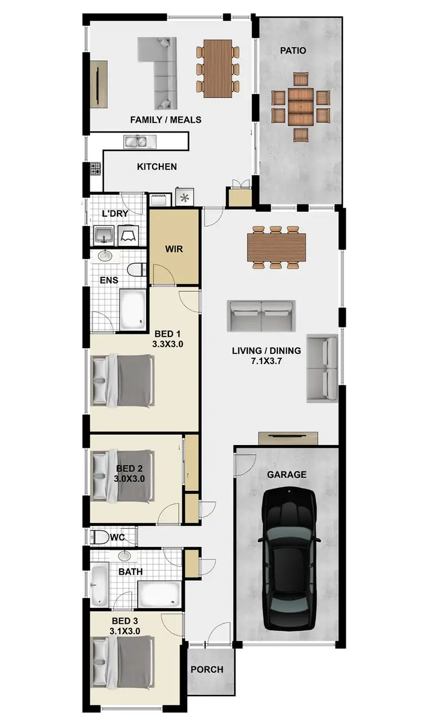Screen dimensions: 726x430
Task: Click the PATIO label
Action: point(293,50)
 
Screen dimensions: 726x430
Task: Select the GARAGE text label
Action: point(287,475)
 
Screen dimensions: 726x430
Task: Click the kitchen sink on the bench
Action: point(138,141)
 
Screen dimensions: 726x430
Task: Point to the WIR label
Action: point(174,249)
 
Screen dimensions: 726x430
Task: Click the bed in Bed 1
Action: point(123,380)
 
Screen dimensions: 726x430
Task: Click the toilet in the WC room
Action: point(100,537)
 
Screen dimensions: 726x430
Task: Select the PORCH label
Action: point(207,669)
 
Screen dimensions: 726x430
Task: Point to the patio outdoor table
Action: point(301,107)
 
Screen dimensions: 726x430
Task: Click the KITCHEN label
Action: point(157,167)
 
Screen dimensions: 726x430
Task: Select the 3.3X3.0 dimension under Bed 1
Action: point(167,344)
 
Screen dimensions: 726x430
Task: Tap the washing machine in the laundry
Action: point(127,234)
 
